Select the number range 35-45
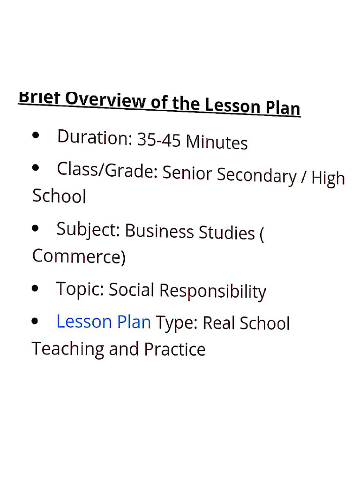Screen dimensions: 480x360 (x=158, y=140)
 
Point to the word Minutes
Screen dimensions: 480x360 (x=217, y=142)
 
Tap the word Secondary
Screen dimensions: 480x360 (x=257, y=175)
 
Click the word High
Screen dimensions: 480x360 (x=328, y=178)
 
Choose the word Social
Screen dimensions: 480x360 (x=131, y=290)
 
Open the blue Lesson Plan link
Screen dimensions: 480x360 (x=103, y=322)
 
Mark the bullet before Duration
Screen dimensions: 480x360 (x=36, y=135)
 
